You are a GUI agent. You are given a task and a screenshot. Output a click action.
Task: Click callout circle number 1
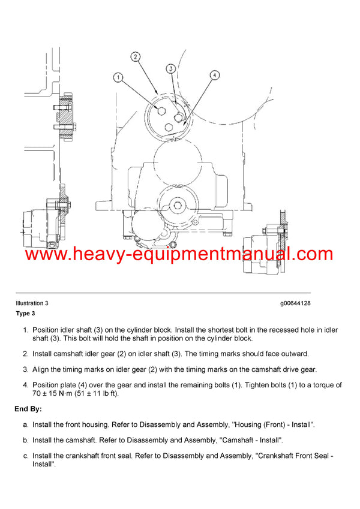(118, 77)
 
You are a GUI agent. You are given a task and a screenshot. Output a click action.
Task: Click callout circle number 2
(136, 57)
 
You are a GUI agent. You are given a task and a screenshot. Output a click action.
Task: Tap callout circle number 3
(171, 69)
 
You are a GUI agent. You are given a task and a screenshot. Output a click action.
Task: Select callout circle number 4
(213, 76)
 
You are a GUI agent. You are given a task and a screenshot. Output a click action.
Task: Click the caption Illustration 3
(32, 303)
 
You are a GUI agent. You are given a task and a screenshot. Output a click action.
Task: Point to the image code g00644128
(295, 303)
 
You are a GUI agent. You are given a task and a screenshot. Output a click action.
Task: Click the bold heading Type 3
(26, 314)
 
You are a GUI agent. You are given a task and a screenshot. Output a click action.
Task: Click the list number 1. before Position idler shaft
(25, 330)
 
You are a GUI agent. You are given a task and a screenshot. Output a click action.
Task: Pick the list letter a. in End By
(25, 424)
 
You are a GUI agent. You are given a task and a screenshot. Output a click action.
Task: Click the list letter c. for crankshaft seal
(25, 456)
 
